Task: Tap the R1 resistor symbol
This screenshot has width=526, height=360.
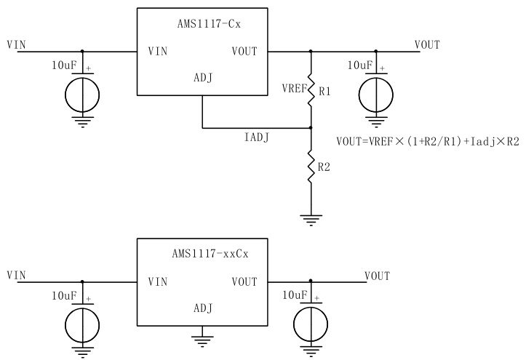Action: (x=311, y=90)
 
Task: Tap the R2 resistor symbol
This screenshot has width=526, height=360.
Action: (x=311, y=167)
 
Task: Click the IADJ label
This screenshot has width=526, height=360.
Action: (x=255, y=137)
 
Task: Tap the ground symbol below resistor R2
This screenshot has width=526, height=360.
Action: (x=311, y=217)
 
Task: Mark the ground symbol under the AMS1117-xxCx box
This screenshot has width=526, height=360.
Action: (x=202, y=339)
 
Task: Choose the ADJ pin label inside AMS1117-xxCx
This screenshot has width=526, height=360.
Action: (x=202, y=308)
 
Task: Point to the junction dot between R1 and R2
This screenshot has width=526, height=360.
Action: (x=311, y=128)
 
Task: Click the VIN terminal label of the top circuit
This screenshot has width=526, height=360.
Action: (x=15, y=44)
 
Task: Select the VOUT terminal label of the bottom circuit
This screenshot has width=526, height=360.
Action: (x=377, y=276)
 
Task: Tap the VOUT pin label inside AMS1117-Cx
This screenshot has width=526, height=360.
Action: (x=243, y=52)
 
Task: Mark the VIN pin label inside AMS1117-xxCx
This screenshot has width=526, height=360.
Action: (x=159, y=281)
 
